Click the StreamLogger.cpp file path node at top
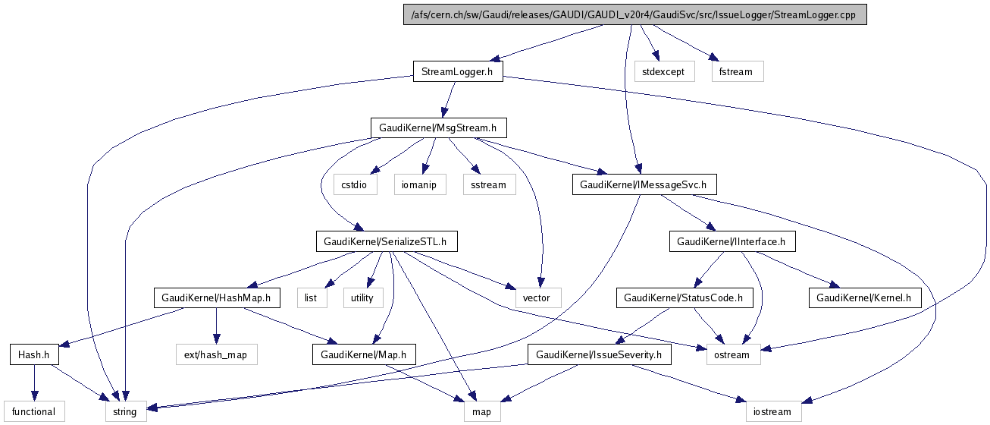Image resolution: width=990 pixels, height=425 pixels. click(x=634, y=14)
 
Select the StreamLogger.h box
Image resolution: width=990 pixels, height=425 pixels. click(x=457, y=72)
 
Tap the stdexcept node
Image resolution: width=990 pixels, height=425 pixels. click(x=663, y=72)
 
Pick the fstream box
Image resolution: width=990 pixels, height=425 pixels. click(x=737, y=72)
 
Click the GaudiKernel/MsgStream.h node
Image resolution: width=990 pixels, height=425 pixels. click(x=437, y=127)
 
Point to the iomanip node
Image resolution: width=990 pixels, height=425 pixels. click(x=419, y=184)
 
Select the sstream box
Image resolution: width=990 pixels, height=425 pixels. click(x=488, y=184)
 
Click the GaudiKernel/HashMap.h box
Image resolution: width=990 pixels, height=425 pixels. click(x=215, y=297)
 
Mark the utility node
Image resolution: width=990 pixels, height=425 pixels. click(x=362, y=297)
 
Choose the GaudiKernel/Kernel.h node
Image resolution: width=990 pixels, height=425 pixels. click(x=864, y=297)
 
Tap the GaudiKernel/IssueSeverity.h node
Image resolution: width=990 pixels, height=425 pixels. click(x=599, y=354)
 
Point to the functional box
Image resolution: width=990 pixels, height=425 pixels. click(x=34, y=412)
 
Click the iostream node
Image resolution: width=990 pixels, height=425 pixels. click(x=772, y=412)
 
